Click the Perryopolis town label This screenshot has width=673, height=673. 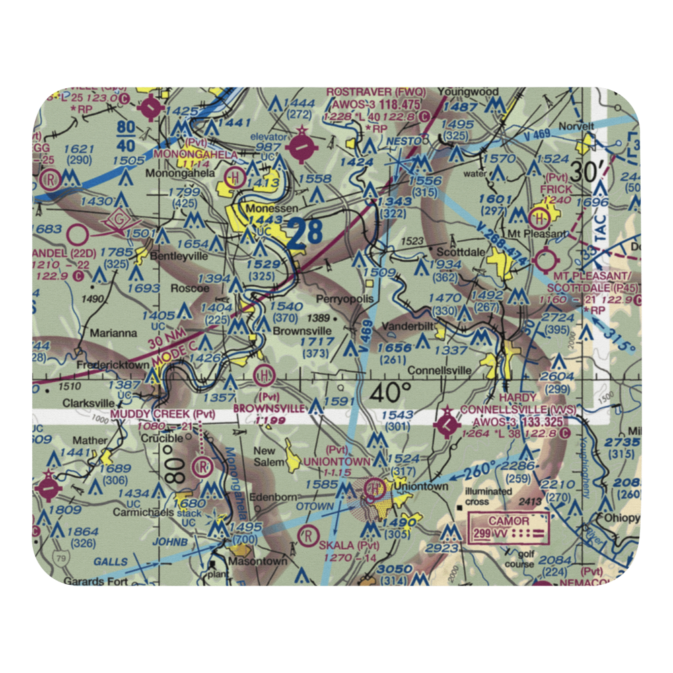click(344, 298)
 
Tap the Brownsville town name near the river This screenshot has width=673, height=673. click(302, 331)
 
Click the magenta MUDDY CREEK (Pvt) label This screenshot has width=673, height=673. click(162, 413)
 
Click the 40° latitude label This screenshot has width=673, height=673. click(390, 392)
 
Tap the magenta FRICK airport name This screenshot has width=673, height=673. click(556, 190)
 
